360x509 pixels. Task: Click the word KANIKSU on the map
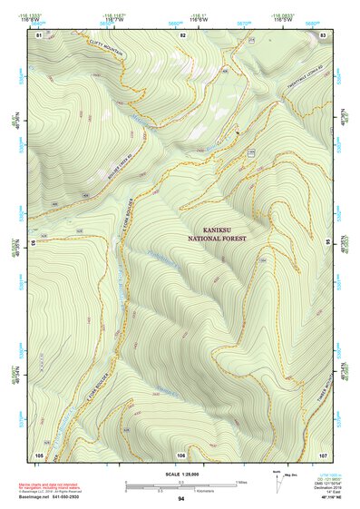pyautogui.click(x=218, y=230)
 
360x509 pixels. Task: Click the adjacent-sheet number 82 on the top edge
pyautogui.click(x=182, y=34)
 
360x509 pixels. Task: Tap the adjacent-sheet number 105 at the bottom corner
pyautogui.click(x=39, y=454)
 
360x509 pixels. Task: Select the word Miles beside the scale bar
pyautogui.click(x=241, y=481)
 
